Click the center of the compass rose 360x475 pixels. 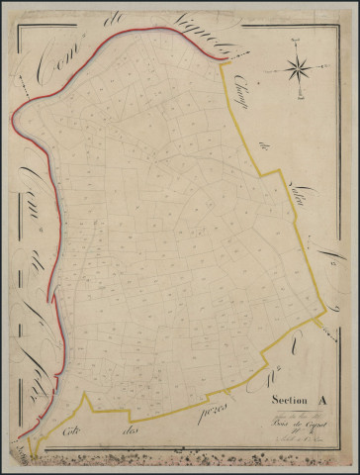298,69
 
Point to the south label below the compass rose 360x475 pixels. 298,98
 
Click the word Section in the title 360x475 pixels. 285,400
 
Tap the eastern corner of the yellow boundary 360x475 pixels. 326,319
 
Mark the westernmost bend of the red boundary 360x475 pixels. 13,124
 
